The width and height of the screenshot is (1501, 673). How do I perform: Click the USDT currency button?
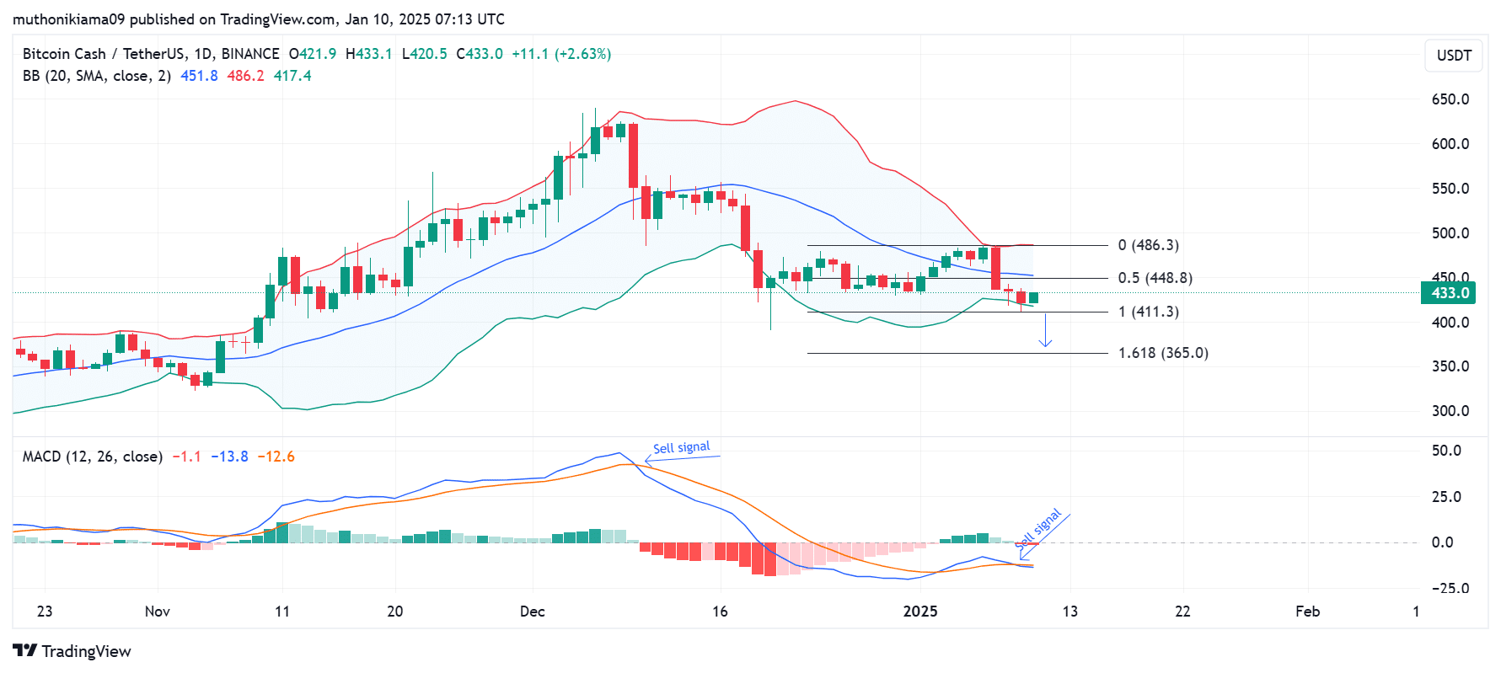[1454, 56]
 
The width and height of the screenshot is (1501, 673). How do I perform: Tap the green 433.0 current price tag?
[1450, 293]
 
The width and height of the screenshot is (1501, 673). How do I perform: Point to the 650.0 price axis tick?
[1450, 99]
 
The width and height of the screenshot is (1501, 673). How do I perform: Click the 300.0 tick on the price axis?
[1450, 411]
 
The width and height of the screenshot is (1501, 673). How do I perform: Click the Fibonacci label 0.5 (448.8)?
[1155, 278]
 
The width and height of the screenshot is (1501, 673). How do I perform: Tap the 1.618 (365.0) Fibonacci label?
[1163, 353]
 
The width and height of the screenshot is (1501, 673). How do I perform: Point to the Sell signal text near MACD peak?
[681, 447]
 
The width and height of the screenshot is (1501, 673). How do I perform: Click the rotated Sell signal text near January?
[1038, 529]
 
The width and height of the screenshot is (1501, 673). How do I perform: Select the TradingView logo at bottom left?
[72, 651]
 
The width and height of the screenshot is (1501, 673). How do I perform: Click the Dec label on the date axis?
[532, 612]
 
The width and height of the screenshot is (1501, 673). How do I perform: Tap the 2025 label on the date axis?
[919, 612]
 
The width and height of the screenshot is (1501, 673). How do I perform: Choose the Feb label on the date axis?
[1307, 612]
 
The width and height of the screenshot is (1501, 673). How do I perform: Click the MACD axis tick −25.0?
[1450, 589]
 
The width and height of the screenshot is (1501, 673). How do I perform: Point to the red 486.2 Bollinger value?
[245, 76]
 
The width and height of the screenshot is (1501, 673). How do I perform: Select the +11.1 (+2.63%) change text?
[561, 54]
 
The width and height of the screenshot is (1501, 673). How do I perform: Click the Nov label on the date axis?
[158, 612]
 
